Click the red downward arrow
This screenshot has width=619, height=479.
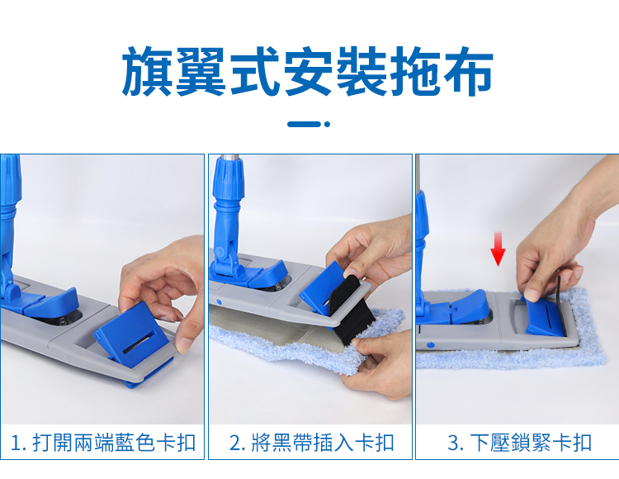point(498,249)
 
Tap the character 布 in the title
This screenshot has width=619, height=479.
point(469,71)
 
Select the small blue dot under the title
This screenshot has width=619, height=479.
point(327,124)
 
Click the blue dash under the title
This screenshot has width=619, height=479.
point(304,124)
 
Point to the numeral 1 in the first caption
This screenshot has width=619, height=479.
point(17,443)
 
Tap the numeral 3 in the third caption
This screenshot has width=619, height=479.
point(453,443)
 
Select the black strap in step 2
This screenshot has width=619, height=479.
point(347,308)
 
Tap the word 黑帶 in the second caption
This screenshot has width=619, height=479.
point(291,443)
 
